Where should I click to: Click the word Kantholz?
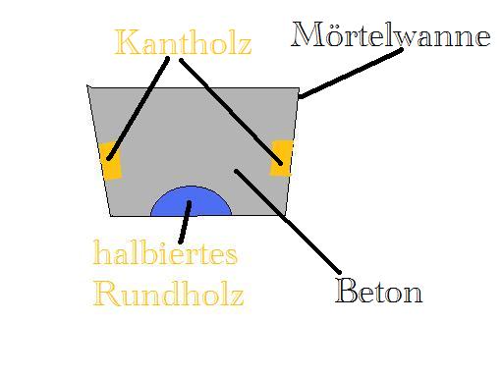pyautogui.click(x=183, y=42)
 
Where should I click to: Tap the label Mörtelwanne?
pyautogui.click(x=391, y=36)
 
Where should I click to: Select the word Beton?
pyautogui.click(x=378, y=291)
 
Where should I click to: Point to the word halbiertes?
pyautogui.click(x=165, y=254)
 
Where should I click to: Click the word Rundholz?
pyautogui.click(x=168, y=293)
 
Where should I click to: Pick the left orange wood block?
pyautogui.click(x=111, y=161)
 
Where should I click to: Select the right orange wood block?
pyautogui.click(x=282, y=158)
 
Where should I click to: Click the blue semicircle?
pyautogui.click(x=191, y=202)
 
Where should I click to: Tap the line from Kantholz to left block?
pyautogui.click(x=140, y=108)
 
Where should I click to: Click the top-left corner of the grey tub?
pyautogui.click(x=88, y=87)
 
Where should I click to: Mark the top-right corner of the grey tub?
pyautogui.click(x=299, y=87)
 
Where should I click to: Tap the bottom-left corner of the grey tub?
pyautogui.click(x=111, y=215)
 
